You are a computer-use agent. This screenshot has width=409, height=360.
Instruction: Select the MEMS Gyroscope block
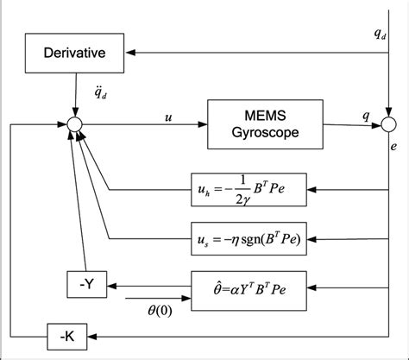256,125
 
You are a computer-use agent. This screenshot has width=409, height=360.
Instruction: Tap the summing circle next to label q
390,126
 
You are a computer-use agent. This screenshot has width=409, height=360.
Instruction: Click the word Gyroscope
256,135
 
